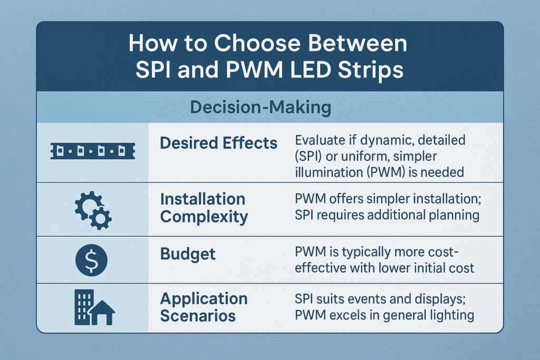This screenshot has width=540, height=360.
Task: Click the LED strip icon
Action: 93,151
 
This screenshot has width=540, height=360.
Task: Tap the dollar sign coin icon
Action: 91,260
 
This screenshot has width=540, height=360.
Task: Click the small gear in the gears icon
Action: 100,218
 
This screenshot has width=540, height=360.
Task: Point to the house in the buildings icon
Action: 102,313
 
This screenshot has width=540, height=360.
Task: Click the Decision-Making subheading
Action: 261,107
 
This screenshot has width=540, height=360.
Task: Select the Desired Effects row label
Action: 219,143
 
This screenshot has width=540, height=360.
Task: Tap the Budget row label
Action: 188,255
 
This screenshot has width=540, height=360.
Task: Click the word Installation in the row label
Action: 203,199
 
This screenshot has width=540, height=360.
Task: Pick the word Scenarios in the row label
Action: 198,316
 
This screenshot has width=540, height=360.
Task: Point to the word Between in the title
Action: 358,43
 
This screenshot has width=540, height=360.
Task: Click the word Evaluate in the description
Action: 321,140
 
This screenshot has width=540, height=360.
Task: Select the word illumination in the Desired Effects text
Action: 328,172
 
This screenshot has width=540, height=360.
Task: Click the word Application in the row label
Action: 204,299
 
